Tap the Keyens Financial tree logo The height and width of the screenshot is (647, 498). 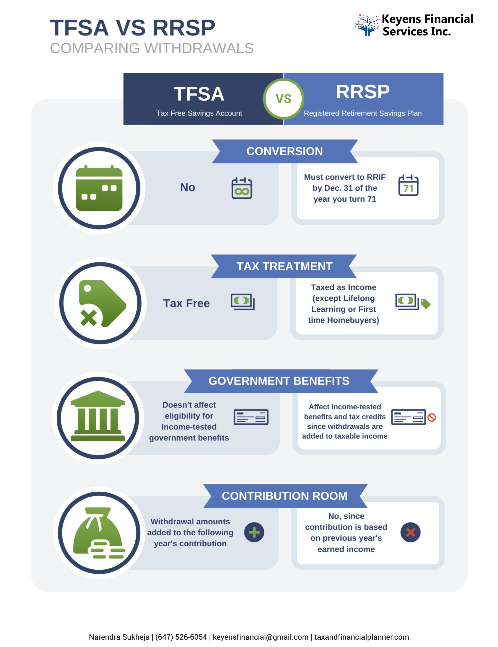pos(367,25)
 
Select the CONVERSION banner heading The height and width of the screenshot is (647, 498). pos(285,151)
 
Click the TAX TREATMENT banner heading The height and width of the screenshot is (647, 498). pos(284,266)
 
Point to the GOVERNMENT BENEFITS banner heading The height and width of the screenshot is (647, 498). pos(281,381)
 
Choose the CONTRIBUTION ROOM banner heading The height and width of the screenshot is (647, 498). pos(285,496)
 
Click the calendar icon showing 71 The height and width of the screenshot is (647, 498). pos(408,185)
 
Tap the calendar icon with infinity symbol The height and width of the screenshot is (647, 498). pos(242,188)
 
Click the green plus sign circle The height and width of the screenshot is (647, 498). pos(254,532)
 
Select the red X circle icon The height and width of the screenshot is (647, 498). pos(410,532)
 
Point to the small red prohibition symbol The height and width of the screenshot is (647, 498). pos(432,418)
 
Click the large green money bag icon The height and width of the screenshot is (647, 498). pos(99,533)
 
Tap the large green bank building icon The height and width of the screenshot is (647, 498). pos(98,416)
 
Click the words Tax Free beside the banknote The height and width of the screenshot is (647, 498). pos(186,303)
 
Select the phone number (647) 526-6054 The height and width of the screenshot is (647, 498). pos(181,637)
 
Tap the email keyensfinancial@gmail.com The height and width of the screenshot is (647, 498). pos(261,637)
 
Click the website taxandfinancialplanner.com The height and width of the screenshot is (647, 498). pos(361,637)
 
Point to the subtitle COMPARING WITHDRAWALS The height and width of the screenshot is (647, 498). pos(152,48)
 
